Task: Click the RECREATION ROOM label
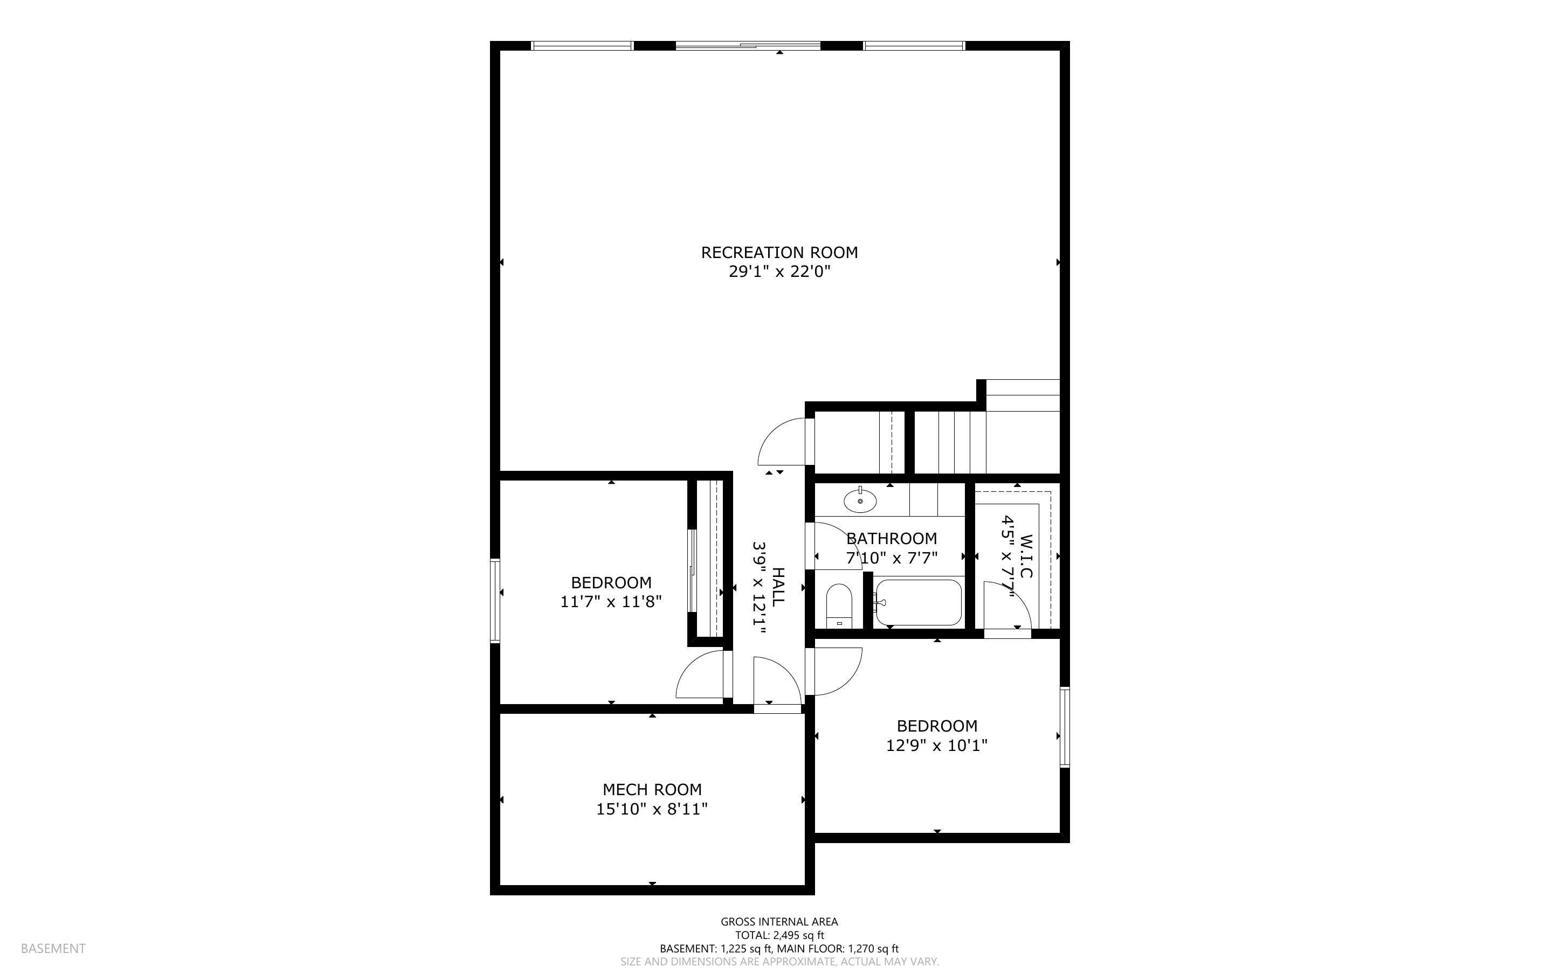[779, 253]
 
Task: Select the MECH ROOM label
[652, 790]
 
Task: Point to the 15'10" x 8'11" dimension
[652, 809]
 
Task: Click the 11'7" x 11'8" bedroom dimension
[611, 602]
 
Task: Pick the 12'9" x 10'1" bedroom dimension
[937, 746]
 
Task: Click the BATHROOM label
[892, 539]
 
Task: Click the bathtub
[918, 602]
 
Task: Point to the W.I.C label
[1027, 556]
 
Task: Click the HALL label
[778, 587]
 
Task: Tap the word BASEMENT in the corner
[53, 948]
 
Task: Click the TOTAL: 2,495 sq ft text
[779, 935]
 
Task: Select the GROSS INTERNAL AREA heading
[779, 922]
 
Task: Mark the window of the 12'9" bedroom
[1065, 727]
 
